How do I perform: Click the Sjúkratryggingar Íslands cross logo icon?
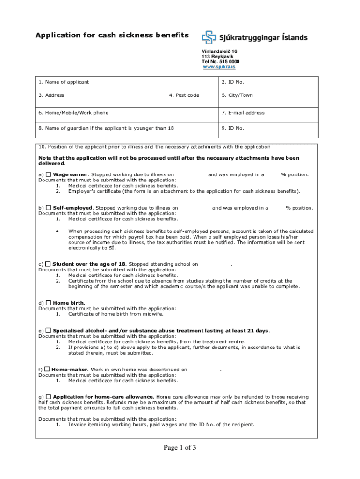coord(209,37)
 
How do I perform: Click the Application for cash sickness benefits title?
coord(113,36)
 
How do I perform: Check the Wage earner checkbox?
coord(48,174)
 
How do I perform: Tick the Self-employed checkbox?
coord(49,208)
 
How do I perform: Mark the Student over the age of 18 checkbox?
coord(48,264)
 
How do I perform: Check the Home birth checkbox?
coord(49,303)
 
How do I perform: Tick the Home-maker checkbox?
coord(47,369)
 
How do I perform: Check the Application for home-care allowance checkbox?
coord(49,397)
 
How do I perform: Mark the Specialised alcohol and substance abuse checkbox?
coord(48,330)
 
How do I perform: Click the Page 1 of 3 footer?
coord(180,448)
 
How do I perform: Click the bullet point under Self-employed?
coord(57,231)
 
